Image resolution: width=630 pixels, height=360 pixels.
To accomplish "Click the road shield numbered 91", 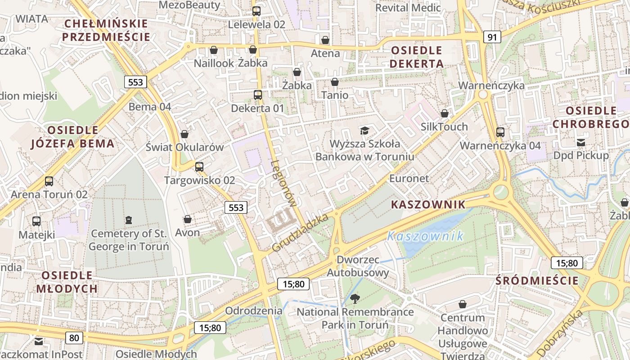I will [492, 37].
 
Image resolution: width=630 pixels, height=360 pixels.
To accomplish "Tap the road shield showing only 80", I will [74, 337].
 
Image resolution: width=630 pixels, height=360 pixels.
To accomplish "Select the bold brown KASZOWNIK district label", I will [428, 205].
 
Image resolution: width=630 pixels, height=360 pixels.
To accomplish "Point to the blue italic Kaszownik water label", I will [425, 236].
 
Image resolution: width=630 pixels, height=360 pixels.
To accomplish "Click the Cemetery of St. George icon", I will [129, 220].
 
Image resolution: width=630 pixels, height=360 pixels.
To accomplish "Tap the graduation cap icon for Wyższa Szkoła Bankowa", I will [364, 130].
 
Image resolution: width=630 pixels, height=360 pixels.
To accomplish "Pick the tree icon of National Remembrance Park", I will [355, 298].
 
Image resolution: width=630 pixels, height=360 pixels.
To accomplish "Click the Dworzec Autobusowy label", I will [358, 266].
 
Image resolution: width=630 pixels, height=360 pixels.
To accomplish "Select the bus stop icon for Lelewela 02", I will [256, 11].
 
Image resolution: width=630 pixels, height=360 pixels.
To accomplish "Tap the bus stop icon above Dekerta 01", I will [258, 95].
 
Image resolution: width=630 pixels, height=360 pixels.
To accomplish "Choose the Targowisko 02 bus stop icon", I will [199, 167].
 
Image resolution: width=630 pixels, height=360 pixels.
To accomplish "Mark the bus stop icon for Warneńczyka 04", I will [500, 132].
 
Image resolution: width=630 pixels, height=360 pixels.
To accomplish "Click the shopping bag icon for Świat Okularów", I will [184, 134].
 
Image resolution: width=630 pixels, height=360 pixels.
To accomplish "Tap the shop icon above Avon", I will [188, 219].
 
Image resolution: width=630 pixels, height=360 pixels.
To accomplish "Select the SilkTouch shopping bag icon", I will [445, 113].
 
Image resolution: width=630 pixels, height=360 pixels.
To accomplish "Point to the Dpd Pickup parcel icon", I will [581, 143].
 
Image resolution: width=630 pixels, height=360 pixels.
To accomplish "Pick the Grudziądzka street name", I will [300, 233].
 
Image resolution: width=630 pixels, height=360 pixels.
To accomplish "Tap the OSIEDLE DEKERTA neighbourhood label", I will [417, 57].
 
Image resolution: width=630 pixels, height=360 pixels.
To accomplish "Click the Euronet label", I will [409, 178].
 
